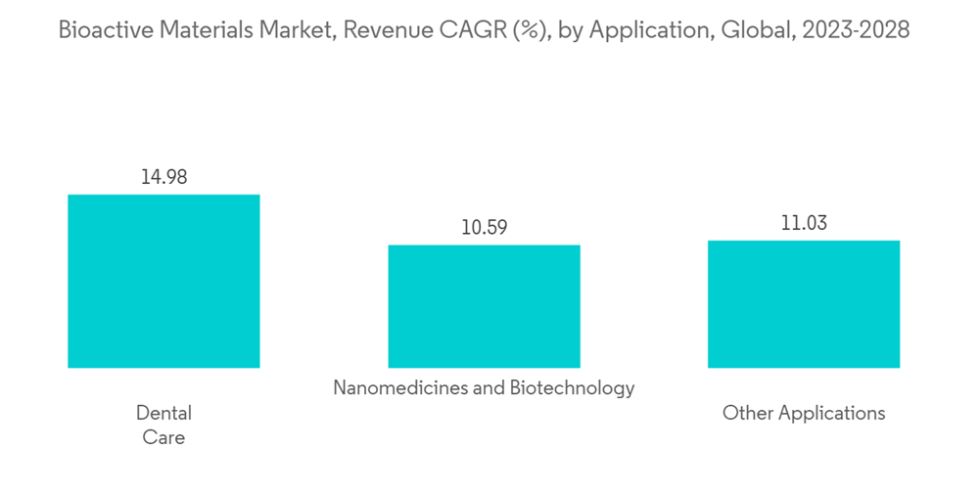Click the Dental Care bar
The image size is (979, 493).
(163, 281)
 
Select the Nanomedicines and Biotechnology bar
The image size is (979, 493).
(484, 306)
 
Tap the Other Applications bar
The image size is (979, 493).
(804, 304)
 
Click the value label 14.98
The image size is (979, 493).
(163, 177)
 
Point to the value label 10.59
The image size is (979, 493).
(484, 228)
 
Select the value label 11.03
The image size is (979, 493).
(804, 223)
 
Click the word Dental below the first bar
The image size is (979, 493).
(163, 413)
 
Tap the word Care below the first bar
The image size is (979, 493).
(163, 437)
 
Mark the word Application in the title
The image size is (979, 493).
(648, 30)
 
